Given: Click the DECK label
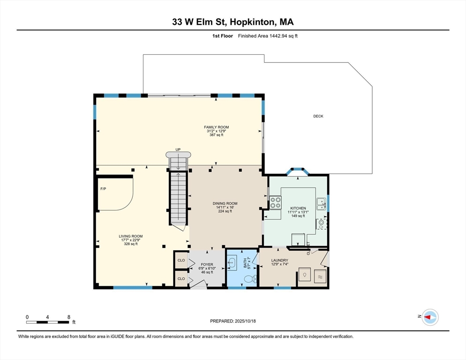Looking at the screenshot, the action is [318, 116].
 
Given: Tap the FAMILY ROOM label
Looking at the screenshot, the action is [217, 127].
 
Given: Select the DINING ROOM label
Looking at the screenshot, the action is [225, 203].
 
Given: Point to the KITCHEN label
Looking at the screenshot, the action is [298, 209].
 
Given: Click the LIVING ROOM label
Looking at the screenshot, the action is [131, 236].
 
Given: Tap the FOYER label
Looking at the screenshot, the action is [207, 264].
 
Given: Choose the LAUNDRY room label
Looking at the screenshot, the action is [280, 261].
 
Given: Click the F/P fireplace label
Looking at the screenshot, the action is [103, 189].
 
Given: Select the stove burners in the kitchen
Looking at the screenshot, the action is [276, 202].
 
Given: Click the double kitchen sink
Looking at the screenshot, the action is [321, 204].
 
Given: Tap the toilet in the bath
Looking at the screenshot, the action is [250, 279].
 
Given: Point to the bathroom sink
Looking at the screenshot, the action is [232, 263].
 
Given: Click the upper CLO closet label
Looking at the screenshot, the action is [181, 260].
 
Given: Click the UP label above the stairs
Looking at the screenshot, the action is [178, 150].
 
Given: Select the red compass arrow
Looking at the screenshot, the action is [428, 317].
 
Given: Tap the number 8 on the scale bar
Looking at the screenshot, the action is [68, 317].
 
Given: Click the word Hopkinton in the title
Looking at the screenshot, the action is [253, 22].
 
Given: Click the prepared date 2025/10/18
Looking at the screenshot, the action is [245, 321].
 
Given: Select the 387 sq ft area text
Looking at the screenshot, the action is [217, 135].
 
